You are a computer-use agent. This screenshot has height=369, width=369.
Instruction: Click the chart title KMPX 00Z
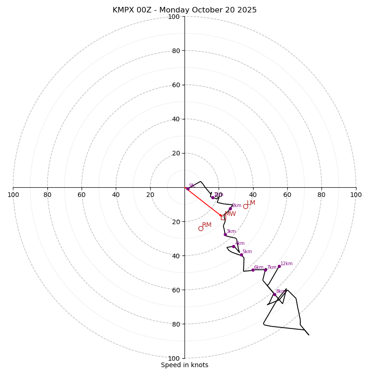coord(184,10)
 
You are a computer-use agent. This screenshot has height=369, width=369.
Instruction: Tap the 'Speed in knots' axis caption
coord(184,365)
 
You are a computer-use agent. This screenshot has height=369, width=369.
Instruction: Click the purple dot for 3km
coord(225,234)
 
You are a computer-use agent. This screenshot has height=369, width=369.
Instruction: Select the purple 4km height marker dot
coord(233,246)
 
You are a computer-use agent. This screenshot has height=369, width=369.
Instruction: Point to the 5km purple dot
coord(241,255)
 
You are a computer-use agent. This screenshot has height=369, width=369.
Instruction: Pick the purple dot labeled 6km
coord(253,270)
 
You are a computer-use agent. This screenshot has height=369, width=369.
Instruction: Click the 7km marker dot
coord(265,270)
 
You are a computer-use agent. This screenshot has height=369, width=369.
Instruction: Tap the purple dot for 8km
coord(274,294)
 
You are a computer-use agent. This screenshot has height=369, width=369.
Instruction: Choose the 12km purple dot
coord(279,266)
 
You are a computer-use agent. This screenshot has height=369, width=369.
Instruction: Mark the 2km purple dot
coord(230,208)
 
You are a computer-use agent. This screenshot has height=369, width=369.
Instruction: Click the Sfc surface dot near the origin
coord(188,189)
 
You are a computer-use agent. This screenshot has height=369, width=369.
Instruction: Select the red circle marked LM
coord(245,206)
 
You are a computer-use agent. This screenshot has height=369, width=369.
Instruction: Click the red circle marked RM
coord(201,228)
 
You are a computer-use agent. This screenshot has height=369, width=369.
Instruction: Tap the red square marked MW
coord(223,217)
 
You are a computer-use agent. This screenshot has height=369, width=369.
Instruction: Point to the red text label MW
coord(230,214)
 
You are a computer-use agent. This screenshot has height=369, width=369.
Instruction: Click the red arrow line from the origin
coord(203,202)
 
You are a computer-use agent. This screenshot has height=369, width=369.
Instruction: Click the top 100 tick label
coord(174,17)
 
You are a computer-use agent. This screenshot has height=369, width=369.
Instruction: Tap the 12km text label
coord(286,264)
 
